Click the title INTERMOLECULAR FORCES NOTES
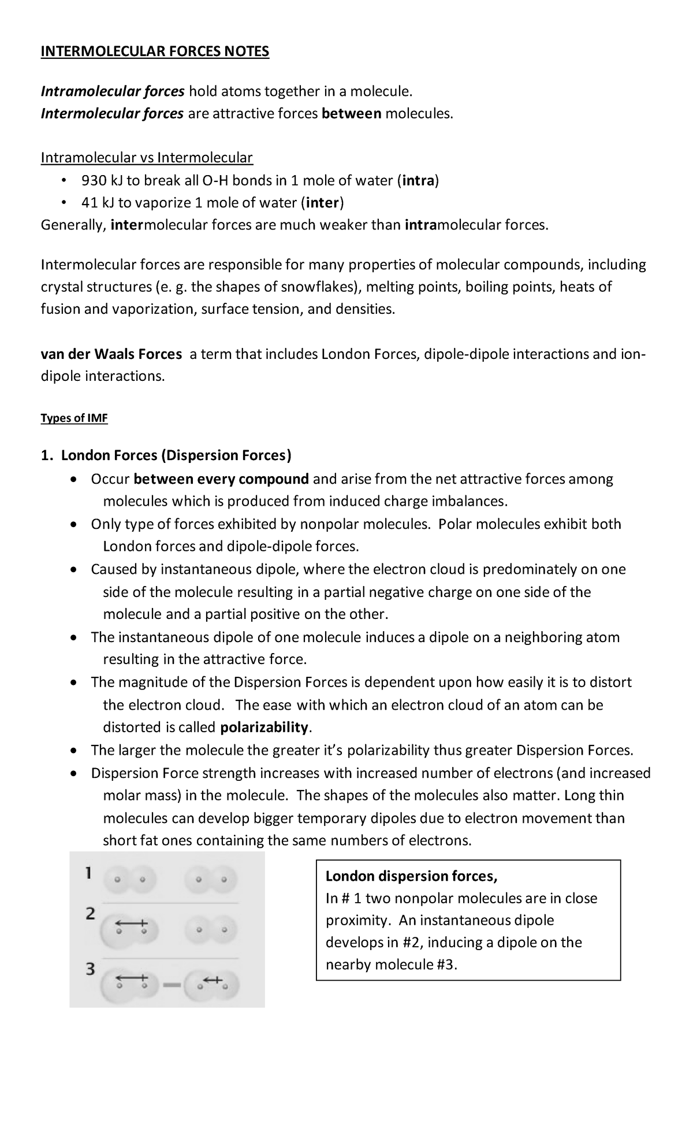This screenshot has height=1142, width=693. coord(155,52)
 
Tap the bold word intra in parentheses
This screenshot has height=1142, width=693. coord(418,181)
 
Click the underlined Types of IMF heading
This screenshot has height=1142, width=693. coord(74,418)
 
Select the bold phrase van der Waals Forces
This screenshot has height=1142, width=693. coord(111,354)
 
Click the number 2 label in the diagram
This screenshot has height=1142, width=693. coord(90,914)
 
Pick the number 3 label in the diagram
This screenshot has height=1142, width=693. coord(90,969)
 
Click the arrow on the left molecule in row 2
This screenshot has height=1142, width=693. coord(132,923)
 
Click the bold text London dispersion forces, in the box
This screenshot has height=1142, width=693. coord(411,876)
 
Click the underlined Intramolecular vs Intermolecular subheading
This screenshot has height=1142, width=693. coord(147,158)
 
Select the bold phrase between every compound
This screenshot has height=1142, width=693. coord(221,479)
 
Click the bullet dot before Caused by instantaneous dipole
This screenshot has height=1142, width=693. coord(72,570)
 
